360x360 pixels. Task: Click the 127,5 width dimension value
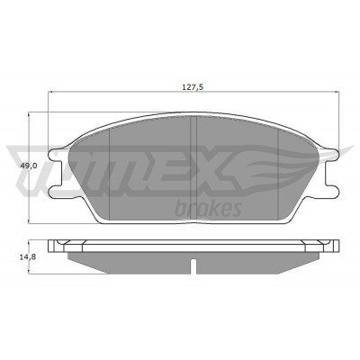click(x=193, y=87)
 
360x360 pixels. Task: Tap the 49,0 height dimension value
click(x=29, y=166)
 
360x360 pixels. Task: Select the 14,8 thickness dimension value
click(x=29, y=256)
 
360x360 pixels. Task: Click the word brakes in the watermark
click(x=208, y=209)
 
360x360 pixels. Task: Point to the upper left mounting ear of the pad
click(x=56, y=154)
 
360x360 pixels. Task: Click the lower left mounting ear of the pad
click(x=56, y=192)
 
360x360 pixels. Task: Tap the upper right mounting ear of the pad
click(x=331, y=154)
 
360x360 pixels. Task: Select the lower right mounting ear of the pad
click(x=330, y=192)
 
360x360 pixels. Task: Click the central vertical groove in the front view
click(x=193, y=167)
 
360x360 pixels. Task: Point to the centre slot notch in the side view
click(x=193, y=266)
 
